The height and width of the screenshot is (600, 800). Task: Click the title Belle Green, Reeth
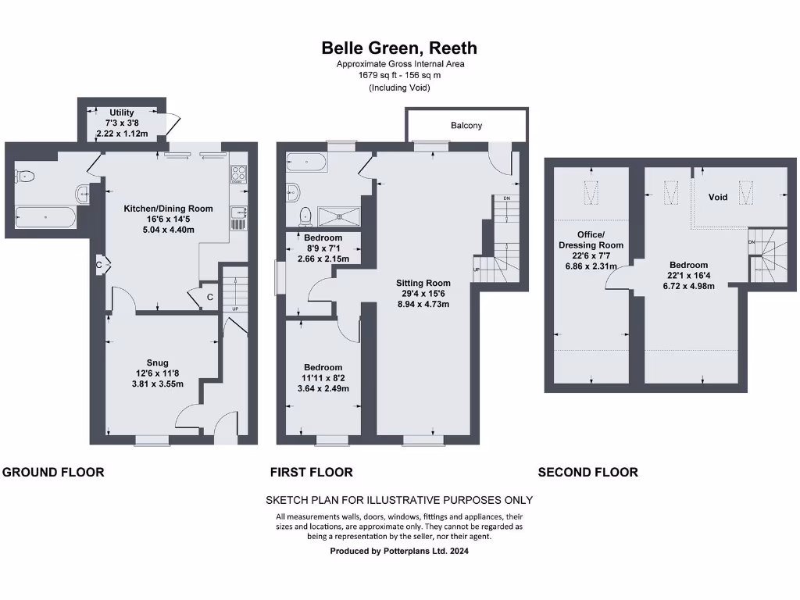tap(399, 48)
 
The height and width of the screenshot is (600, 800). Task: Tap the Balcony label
tap(466, 126)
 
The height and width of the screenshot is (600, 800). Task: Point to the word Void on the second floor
tap(718, 197)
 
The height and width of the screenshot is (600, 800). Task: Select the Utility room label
tap(122, 113)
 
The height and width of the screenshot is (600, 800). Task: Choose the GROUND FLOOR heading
tap(54, 472)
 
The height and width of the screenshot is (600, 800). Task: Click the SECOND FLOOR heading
tap(587, 472)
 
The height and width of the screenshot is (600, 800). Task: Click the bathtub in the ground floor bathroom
tap(45, 216)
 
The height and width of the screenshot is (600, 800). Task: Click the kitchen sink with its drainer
tap(238, 218)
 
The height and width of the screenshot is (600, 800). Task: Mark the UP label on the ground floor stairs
tap(234, 309)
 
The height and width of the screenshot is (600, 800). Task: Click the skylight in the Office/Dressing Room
tap(590, 191)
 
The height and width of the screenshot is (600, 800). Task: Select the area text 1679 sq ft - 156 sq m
tap(399, 76)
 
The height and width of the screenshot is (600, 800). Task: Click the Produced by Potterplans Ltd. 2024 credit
tap(399, 551)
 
